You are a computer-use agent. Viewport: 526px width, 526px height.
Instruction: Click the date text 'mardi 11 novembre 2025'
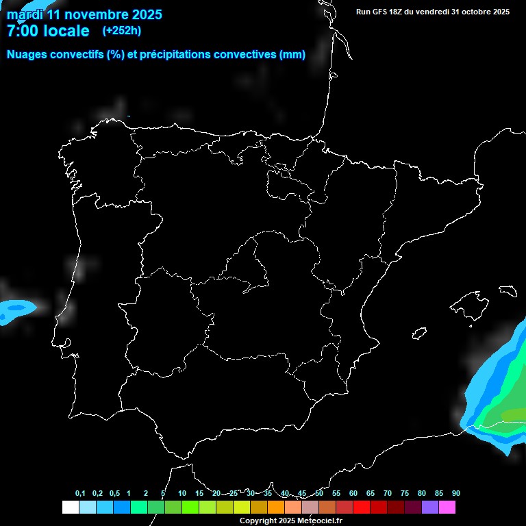[84, 14]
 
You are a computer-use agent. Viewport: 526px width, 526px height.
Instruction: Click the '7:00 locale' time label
[48, 31]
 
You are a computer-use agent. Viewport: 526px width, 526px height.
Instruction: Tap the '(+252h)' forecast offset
[122, 31]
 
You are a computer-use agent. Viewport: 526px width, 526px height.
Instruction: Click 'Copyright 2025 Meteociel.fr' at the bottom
[290, 521]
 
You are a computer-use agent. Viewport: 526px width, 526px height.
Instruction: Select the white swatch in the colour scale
[70, 507]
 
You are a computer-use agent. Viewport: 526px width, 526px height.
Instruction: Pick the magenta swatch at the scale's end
[447, 507]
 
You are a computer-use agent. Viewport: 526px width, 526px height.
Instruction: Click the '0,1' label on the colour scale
[80, 494]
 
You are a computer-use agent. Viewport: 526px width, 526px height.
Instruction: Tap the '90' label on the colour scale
[455, 494]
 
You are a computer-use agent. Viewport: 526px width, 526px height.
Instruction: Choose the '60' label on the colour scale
[353, 494]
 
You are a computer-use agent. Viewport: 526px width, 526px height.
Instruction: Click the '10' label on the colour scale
[181, 494]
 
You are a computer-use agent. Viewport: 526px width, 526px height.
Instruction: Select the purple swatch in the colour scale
[430, 507]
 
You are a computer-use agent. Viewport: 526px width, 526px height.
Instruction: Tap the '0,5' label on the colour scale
[114, 494]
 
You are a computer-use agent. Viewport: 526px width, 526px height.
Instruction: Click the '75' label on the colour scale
[404, 494]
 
